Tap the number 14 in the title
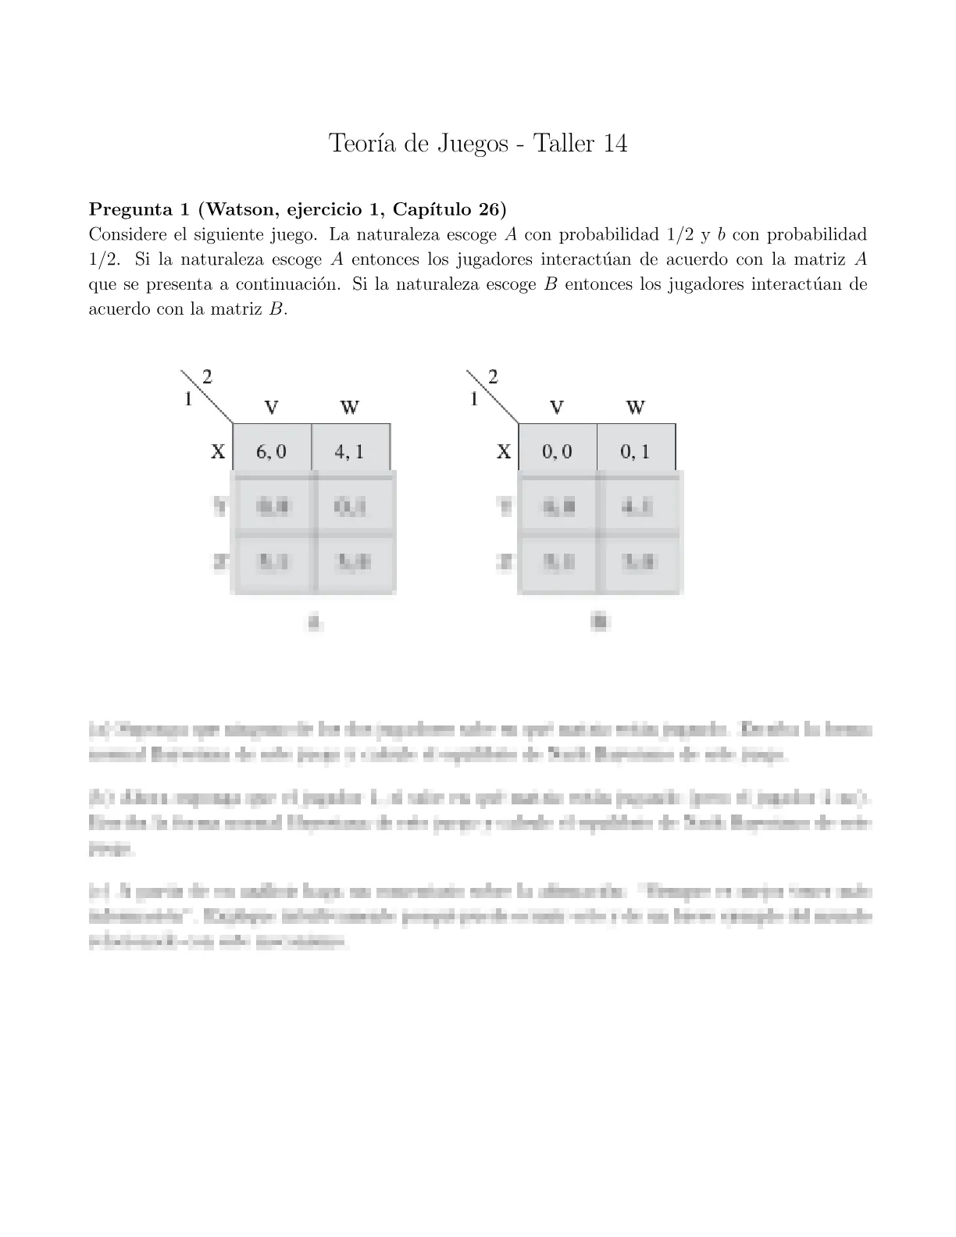(612, 144)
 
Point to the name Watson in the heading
(240, 209)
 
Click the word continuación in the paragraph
(288, 284)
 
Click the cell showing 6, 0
(272, 451)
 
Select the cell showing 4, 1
(349, 451)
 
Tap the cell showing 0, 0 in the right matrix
(557, 451)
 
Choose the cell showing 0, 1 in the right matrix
(635, 451)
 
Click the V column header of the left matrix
(272, 407)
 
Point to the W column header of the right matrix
(635, 407)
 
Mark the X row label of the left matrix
(218, 451)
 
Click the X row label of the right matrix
(504, 451)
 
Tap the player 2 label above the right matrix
(493, 376)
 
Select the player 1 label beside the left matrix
(187, 399)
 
